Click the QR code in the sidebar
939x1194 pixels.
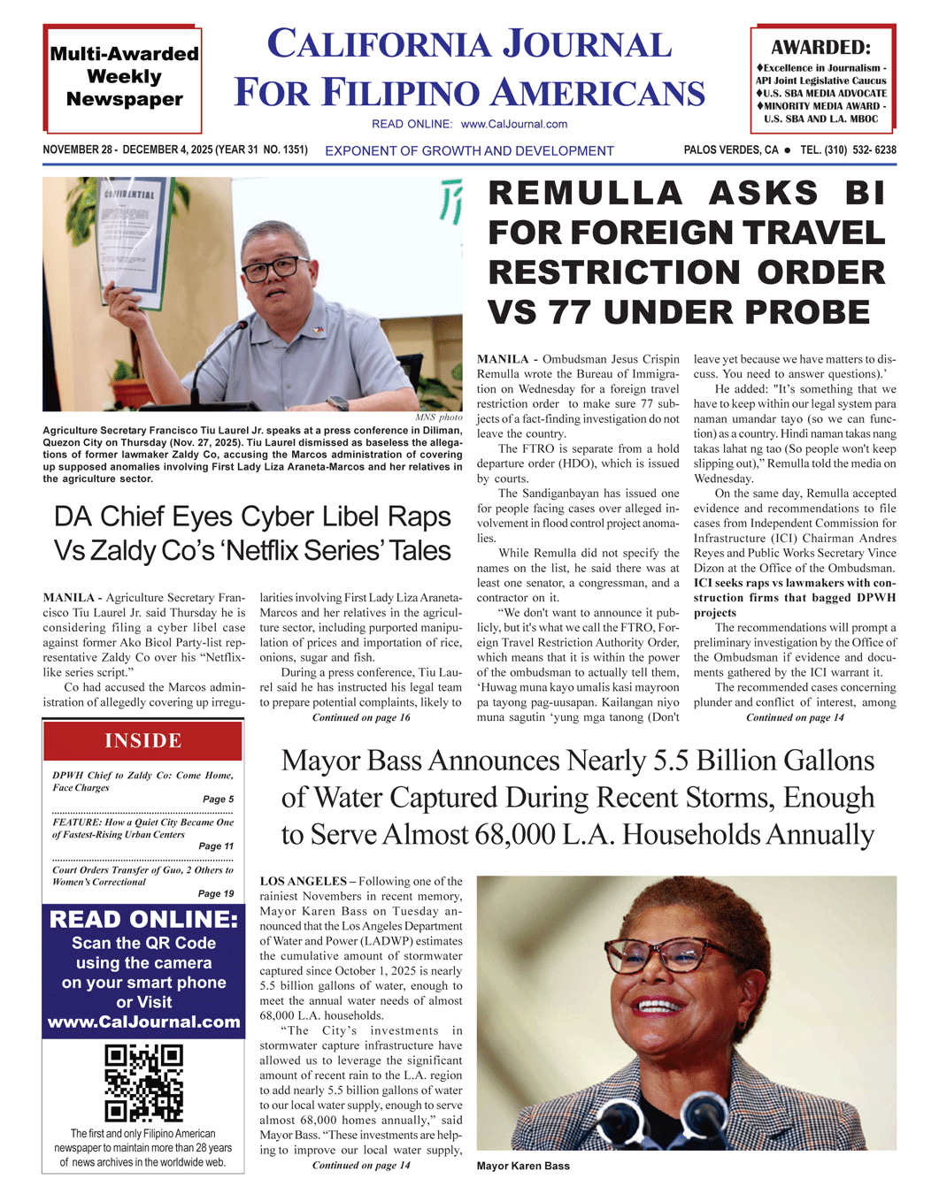143,1083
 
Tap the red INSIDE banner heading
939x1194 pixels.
143,741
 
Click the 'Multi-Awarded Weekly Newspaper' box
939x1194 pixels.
124,78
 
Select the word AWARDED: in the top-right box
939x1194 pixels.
820,48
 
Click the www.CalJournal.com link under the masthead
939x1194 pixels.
514,125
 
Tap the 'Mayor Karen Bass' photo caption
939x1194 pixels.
523,1166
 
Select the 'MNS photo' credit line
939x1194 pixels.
438,417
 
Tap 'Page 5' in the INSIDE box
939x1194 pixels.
219,800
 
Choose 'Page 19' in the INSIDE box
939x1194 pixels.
216,893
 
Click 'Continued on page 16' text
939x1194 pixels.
361,717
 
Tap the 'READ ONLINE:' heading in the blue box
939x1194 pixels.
143,920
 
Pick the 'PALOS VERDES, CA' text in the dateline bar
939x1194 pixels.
731,150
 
